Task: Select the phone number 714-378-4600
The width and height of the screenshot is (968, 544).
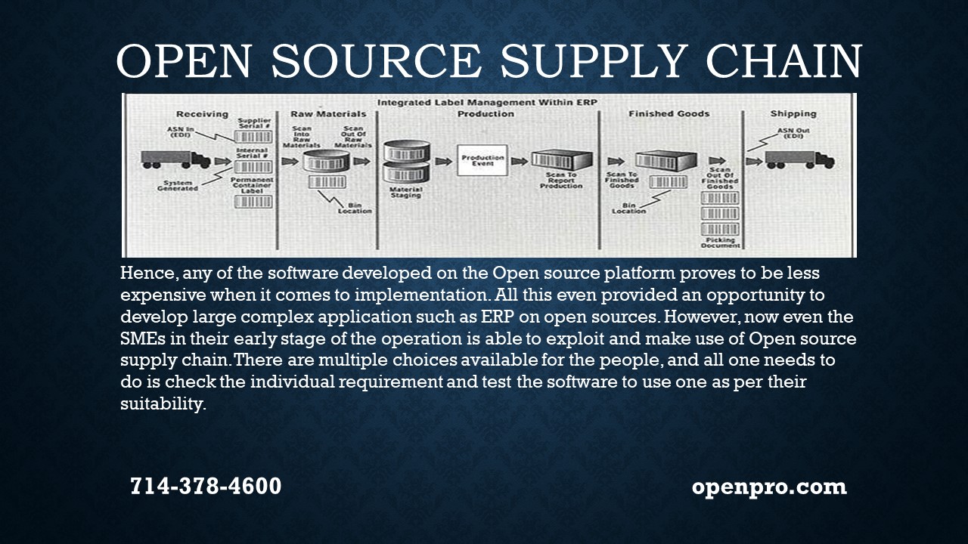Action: pyautogui.click(x=206, y=486)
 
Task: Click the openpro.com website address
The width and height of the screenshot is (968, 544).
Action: pyautogui.click(x=769, y=486)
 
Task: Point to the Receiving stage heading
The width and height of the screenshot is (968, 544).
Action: pyautogui.click(x=202, y=114)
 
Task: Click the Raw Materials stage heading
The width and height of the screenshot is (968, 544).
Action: pyautogui.click(x=328, y=114)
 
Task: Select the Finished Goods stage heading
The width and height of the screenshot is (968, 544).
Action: pyautogui.click(x=669, y=114)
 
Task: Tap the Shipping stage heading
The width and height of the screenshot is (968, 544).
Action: pyautogui.click(x=793, y=114)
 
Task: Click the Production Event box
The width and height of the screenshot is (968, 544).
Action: pyautogui.click(x=482, y=160)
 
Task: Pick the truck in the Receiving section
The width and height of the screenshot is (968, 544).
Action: pyautogui.click(x=175, y=159)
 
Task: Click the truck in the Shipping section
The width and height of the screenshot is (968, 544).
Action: pyautogui.click(x=799, y=159)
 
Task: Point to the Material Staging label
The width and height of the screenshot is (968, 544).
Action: pyautogui.click(x=406, y=193)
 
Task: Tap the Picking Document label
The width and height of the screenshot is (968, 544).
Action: pyautogui.click(x=719, y=243)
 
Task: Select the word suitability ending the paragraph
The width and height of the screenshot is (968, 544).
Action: pyautogui.click(x=163, y=404)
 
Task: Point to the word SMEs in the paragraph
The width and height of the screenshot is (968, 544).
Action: pyautogui.click(x=141, y=338)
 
